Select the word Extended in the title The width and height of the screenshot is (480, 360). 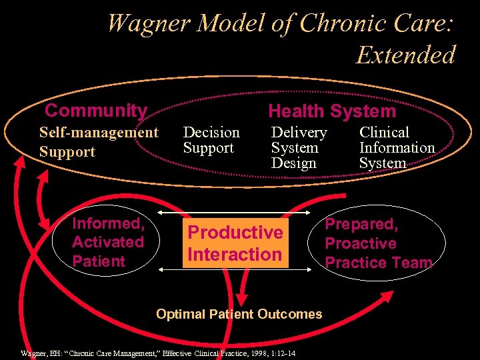tap(405, 55)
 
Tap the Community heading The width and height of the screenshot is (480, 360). tap(95, 111)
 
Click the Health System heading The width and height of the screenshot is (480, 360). tap(331, 111)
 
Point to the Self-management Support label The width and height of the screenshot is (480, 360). tap(99, 142)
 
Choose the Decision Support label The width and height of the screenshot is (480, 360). tap(211, 140)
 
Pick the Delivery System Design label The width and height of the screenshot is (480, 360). tap(299, 147)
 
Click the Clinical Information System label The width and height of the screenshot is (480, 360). tap(397, 147)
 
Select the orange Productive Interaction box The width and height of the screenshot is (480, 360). tap(235, 243)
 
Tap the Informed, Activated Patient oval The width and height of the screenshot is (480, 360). tap(108, 242)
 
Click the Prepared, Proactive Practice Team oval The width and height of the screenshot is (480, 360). tap(378, 243)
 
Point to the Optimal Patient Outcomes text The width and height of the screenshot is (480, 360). tap(239, 314)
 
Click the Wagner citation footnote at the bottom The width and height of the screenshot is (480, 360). tap(159, 353)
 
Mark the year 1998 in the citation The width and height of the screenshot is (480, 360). tap(255, 353)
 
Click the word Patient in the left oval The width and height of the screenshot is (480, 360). tap(99, 261)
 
